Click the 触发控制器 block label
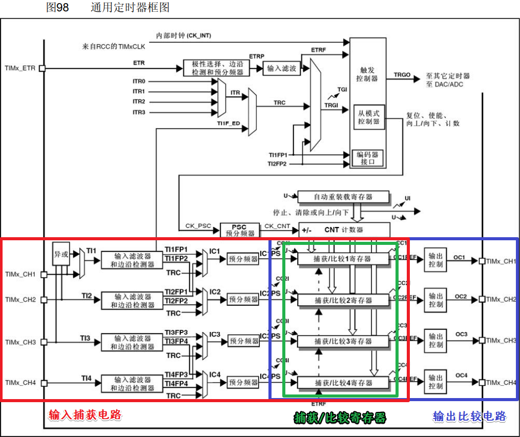coord(368,74)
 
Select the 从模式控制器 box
coord(369,117)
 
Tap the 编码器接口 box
coord(368,158)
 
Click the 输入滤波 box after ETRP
coord(281,68)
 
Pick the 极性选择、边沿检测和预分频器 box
coord(217,68)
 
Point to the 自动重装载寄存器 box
coord(343,197)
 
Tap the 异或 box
coord(61,254)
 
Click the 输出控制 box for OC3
coord(435,341)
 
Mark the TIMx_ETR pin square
coord(42,68)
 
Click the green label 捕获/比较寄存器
coord(340,418)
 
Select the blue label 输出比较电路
coord(469,416)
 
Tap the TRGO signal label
coord(402,75)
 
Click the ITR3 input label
coord(139,112)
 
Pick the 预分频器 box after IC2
coord(243,299)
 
